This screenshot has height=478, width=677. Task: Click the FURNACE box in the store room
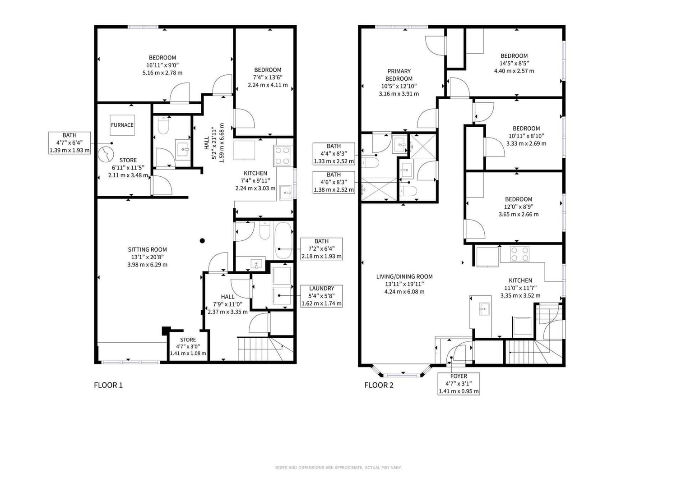click(122, 125)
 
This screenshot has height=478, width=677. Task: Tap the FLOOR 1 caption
click(108, 385)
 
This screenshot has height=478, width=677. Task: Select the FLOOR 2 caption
click(379, 385)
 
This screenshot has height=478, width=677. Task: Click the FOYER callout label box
click(459, 383)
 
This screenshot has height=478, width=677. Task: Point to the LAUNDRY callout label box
click(321, 296)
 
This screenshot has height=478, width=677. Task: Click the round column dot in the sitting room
click(202, 241)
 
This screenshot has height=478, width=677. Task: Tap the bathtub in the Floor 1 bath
click(283, 241)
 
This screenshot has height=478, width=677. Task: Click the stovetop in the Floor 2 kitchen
click(519, 254)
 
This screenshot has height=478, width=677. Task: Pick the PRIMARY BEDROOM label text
click(399, 75)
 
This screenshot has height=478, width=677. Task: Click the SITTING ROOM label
click(147, 249)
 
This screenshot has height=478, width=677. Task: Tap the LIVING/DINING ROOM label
click(404, 276)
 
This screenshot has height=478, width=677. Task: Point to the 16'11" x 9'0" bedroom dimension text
click(162, 65)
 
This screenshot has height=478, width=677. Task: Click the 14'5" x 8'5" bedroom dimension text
click(514, 64)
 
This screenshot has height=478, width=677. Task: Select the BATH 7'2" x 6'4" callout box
click(321, 249)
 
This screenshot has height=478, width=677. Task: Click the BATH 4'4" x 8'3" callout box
click(334, 154)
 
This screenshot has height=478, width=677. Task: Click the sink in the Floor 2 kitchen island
click(484, 309)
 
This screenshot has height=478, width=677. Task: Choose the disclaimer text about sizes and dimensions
click(338, 468)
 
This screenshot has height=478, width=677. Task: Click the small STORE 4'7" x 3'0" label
click(188, 346)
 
